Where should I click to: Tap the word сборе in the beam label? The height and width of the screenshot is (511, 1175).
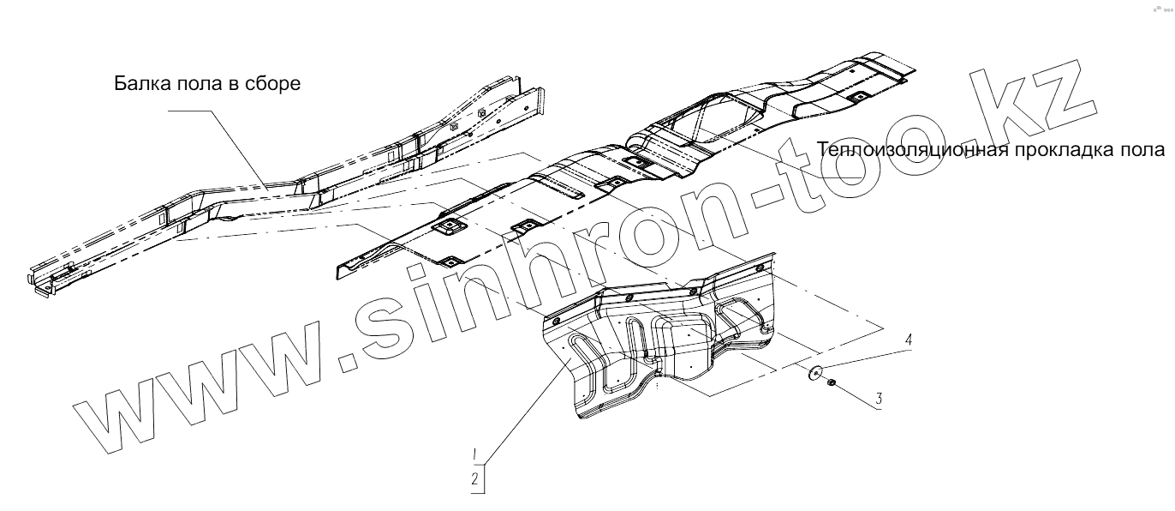click(275, 85)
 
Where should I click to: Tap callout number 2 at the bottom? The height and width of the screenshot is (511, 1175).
click(474, 479)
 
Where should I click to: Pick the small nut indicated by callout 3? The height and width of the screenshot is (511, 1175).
click(831, 388)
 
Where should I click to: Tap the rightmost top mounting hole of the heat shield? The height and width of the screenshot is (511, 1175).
click(758, 268)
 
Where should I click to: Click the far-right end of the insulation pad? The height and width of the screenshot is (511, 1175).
click(912, 72)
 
